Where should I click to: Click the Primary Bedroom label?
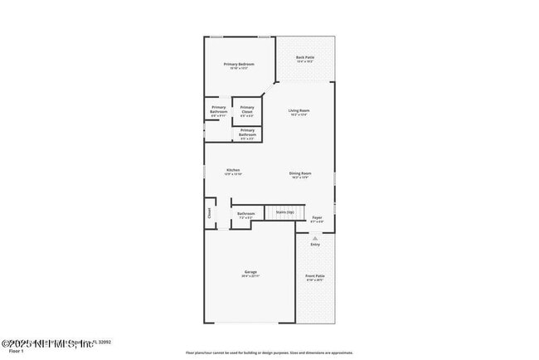tap(239, 64)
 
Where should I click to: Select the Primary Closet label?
tap(247, 109)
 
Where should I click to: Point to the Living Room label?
tap(299, 110)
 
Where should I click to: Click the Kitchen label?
tap(233, 171)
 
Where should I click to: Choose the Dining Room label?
tap(299, 173)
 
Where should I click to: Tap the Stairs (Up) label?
tap(284, 212)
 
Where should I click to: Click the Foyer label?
tap(317, 217)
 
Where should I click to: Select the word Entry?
tap(315, 245)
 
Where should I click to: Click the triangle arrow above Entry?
tap(315, 237)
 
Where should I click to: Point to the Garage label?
tap(250, 272)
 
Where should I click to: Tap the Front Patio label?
tap(315, 275)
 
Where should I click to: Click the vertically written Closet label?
tap(208, 212)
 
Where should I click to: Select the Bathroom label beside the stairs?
tap(245, 214)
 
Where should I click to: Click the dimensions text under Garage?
tap(250, 276)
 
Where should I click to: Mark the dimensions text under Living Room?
tap(299, 115)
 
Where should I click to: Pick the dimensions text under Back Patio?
tap(304, 61)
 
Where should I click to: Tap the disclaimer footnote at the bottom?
tap(269, 352)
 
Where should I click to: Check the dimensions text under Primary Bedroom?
tap(239, 68)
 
